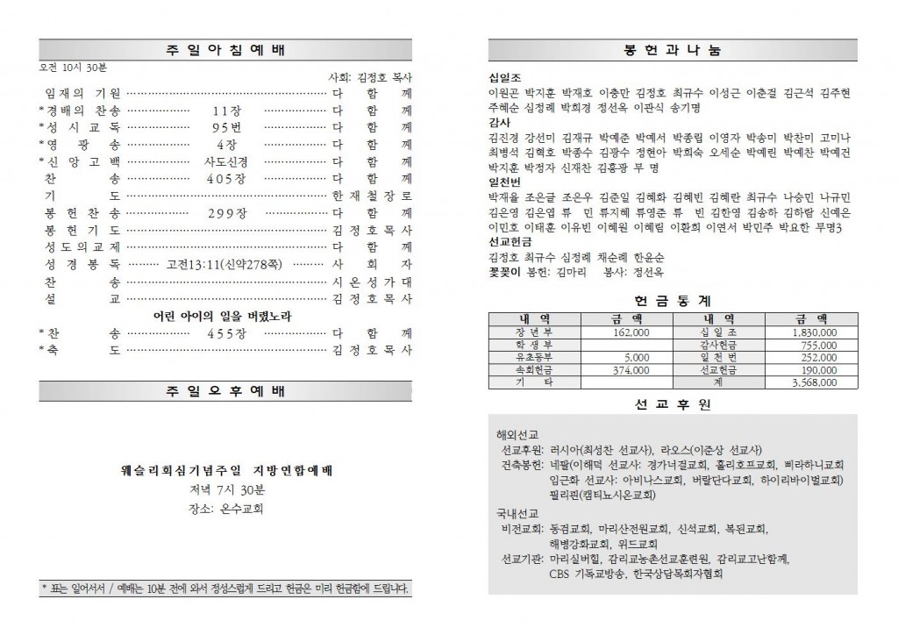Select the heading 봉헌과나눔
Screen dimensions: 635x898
point(673,50)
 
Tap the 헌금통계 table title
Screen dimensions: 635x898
point(673,299)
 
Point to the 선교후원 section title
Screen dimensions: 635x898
point(673,404)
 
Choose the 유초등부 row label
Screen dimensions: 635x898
point(532,359)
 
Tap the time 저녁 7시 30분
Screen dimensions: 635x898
point(226,489)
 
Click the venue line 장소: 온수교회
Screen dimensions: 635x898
point(226,508)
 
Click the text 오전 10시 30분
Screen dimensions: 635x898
point(73,68)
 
